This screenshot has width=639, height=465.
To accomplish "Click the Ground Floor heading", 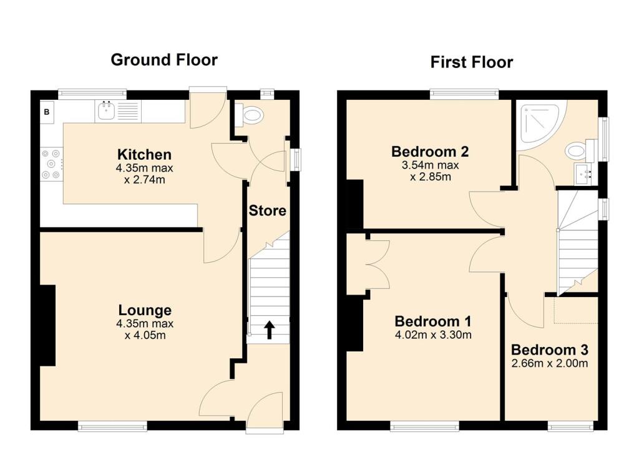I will [164, 60].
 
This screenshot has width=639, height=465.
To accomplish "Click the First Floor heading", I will [471, 62].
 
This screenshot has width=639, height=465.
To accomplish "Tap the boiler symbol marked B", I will [47, 112].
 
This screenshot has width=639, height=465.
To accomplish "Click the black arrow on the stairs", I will [270, 330].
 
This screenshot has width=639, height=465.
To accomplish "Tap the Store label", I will [268, 211].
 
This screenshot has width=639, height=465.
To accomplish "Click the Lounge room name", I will [145, 310].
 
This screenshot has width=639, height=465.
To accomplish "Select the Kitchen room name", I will [145, 154].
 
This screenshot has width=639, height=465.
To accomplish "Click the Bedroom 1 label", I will [432, 321].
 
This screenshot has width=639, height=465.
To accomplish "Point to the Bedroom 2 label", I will [430, 152].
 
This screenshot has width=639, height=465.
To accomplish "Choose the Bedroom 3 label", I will [549, 350].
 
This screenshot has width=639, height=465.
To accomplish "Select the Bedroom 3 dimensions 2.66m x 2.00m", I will [549, 363].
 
